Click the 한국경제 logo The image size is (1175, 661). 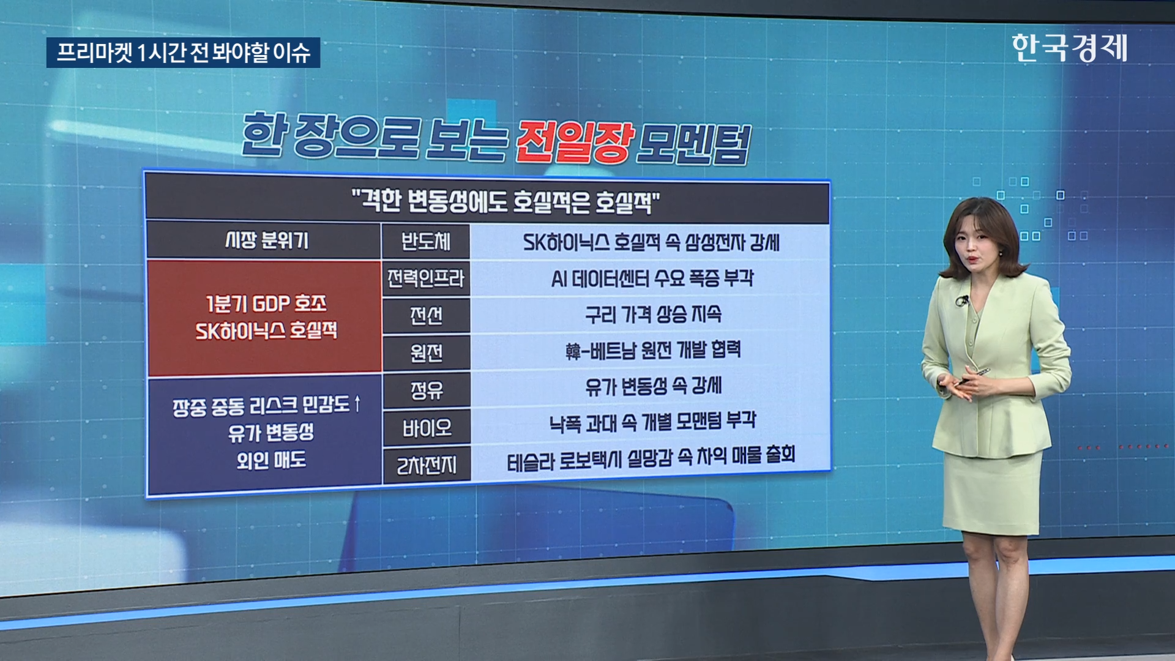coord(1069,48)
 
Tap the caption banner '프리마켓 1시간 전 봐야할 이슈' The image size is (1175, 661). coord(183,53)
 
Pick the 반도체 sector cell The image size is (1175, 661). coord(426,241)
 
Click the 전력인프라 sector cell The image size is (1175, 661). coord(426,278)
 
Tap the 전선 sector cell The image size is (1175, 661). coord(426,316)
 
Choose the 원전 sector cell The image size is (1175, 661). coord(426,353)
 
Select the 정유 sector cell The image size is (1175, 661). coord(426,390)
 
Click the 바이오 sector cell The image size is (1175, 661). coord(426,428)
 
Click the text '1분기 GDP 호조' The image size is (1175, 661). coord(266,303)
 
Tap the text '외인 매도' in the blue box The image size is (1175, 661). coord(271,460)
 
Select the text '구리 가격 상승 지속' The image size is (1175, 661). coord(653,315)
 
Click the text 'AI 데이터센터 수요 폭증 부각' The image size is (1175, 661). coord(652,278)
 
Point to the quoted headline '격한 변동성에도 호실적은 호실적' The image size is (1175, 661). coord(505,201)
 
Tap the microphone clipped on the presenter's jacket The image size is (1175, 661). coord(962,301)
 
